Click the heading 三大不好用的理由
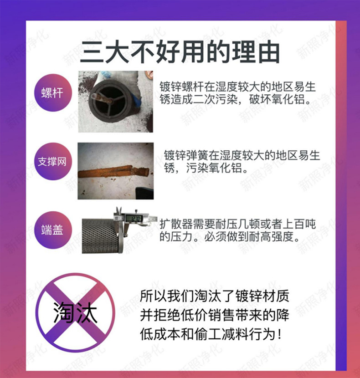[180, 52]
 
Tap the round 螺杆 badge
[53, 93]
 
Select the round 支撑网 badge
[53, 161]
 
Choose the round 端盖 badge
[53, 230]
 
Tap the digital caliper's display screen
[134, 218]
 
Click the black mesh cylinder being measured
[101, 236]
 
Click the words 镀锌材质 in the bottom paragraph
[262, 296]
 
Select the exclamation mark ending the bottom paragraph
[279, 334]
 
